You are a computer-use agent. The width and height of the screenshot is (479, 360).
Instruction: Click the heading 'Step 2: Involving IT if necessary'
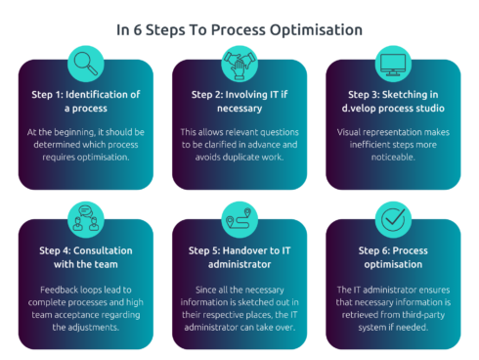click(239, 101)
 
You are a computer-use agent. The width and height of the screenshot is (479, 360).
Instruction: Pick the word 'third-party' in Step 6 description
click(384, 313)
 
